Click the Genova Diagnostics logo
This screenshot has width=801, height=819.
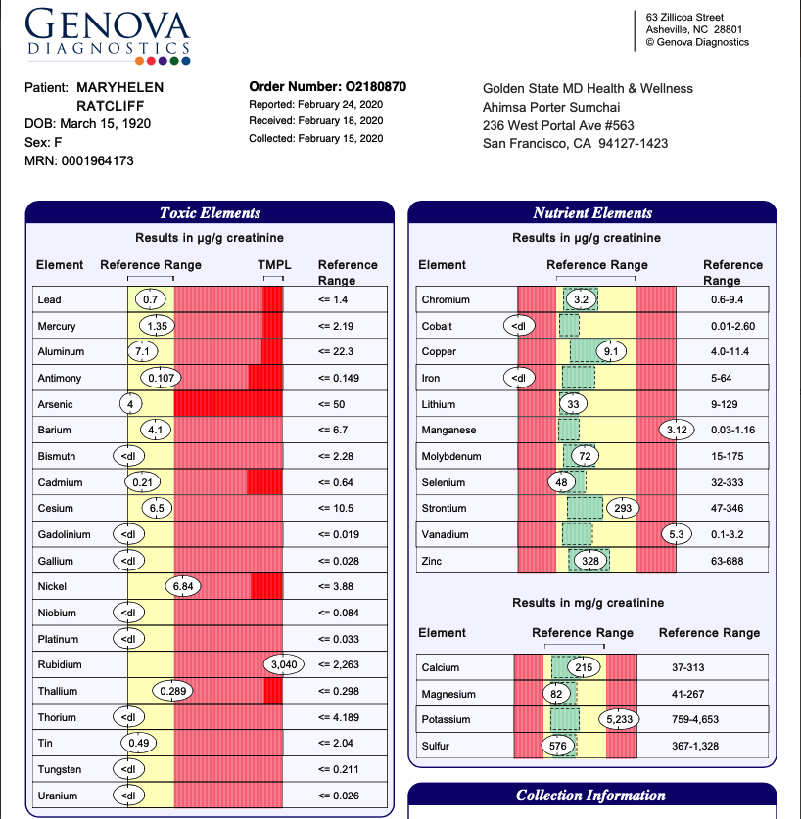[108, 35]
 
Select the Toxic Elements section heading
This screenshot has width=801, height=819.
[210, 213]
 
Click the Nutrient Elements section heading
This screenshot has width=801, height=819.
[592, 213]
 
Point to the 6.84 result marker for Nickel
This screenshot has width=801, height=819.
[183, 586]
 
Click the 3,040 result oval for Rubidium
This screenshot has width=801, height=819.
[284, 664]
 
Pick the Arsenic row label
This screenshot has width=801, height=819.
[55, 404]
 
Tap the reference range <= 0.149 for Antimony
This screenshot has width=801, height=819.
[338, 378]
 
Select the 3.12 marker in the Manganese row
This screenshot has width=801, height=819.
[677, 430]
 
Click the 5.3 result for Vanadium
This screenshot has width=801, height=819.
[676, 534]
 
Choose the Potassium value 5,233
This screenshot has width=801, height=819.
[619, 720]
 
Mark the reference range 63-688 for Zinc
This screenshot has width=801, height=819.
[727, 561]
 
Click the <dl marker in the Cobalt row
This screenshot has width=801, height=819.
[519, 326]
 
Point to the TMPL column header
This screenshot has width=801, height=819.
[274, 265]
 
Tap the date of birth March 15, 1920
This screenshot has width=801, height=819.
[105, 124]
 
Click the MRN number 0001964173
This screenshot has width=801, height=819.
[97, 160]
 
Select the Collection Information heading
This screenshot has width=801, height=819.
[590, 795]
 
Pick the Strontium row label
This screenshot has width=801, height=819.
[444, 508]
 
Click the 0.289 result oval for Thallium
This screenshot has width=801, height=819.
[172, 691]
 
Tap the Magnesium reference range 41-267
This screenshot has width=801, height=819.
[687, 694]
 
